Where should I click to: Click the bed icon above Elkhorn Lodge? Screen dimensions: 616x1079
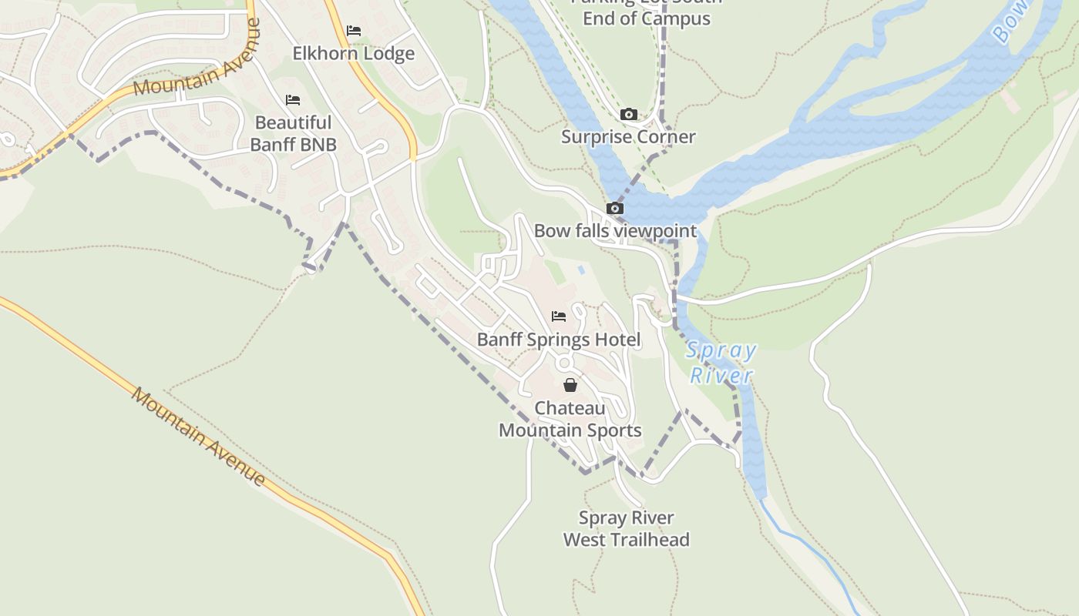tap(354, 31)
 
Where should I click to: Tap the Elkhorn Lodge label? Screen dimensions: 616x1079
tap(353, 54)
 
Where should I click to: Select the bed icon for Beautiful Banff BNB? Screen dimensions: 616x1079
tap(292, 100)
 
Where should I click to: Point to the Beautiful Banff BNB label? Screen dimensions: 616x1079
tap(293, 133)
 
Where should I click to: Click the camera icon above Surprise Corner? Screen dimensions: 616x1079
tap(629, 115)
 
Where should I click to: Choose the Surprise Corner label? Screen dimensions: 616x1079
tap(628, 137)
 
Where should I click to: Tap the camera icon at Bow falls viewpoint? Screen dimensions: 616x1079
tap(614, 208)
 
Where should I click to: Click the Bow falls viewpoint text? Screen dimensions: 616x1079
tap(615, 231)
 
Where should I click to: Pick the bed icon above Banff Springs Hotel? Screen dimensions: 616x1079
tap(559, 316)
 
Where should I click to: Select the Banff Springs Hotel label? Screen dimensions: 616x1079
tap(559, 340)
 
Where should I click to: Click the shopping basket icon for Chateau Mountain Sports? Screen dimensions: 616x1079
tap(570, 385)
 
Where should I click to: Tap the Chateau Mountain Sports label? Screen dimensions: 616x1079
tap(570, 419)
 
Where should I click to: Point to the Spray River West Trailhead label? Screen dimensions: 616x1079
tap(626, 528)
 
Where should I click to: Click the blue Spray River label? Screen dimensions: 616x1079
tap(721, 363)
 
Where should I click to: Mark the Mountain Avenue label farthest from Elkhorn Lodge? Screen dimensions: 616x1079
tap(198, 436)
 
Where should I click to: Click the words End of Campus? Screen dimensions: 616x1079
tap(646, 18)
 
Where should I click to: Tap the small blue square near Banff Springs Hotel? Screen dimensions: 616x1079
tap(580, 270)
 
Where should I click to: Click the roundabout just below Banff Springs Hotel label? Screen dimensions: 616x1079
tap(565, 363)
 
